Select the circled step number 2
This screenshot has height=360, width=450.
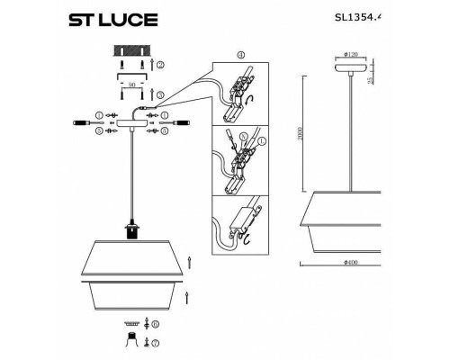tap(160, 67)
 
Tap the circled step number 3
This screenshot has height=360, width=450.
tap(160, 94)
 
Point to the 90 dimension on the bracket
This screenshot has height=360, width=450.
tap(132, 83)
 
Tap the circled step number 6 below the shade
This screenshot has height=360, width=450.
tap(155, 323)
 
